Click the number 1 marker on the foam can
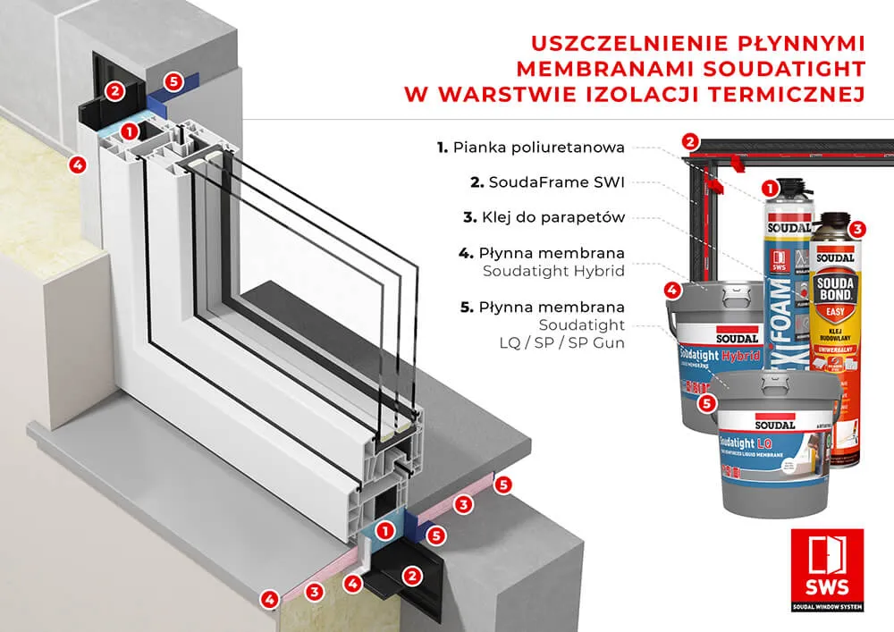767,189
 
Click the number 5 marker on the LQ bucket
708,403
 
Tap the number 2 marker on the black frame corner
688,140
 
